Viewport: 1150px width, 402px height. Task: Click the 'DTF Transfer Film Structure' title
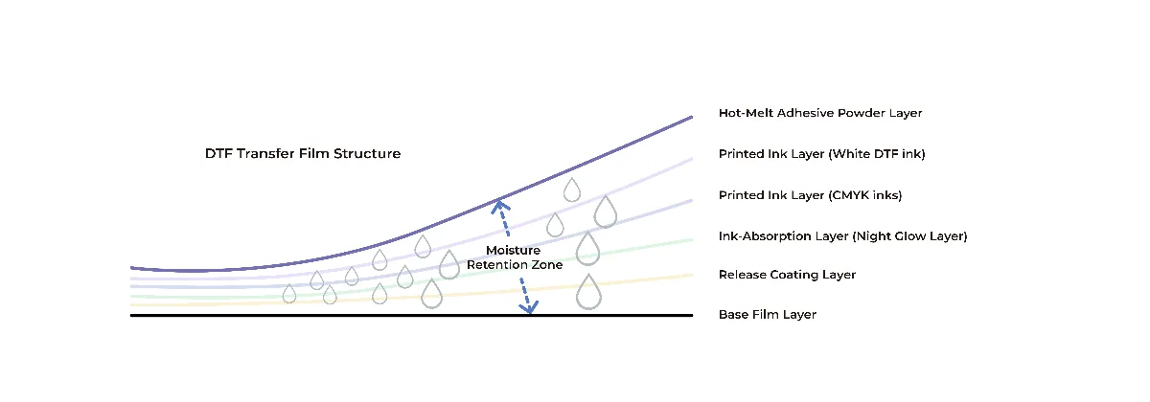click(303, 154)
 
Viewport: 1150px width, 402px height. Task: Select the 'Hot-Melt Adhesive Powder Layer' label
click(820, 113)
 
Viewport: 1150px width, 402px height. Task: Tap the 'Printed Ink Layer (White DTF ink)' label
click(821, 154)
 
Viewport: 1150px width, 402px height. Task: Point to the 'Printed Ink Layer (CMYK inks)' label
click(810, 195)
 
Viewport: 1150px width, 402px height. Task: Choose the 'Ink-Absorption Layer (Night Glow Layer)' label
click(842, 236)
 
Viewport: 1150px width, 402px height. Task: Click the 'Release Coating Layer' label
click(787, 275)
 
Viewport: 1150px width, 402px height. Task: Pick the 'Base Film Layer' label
click(767, 314)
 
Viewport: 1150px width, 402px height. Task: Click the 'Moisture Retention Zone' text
click(515, 257)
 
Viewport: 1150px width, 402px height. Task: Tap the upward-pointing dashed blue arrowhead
click(500, 207)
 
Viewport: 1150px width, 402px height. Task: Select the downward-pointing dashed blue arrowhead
click(529, 306)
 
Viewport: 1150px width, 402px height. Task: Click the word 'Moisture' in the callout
click(513, 250)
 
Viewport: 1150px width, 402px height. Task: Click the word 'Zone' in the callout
click(547, 264)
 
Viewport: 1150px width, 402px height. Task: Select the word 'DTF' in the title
click(218, 154)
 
